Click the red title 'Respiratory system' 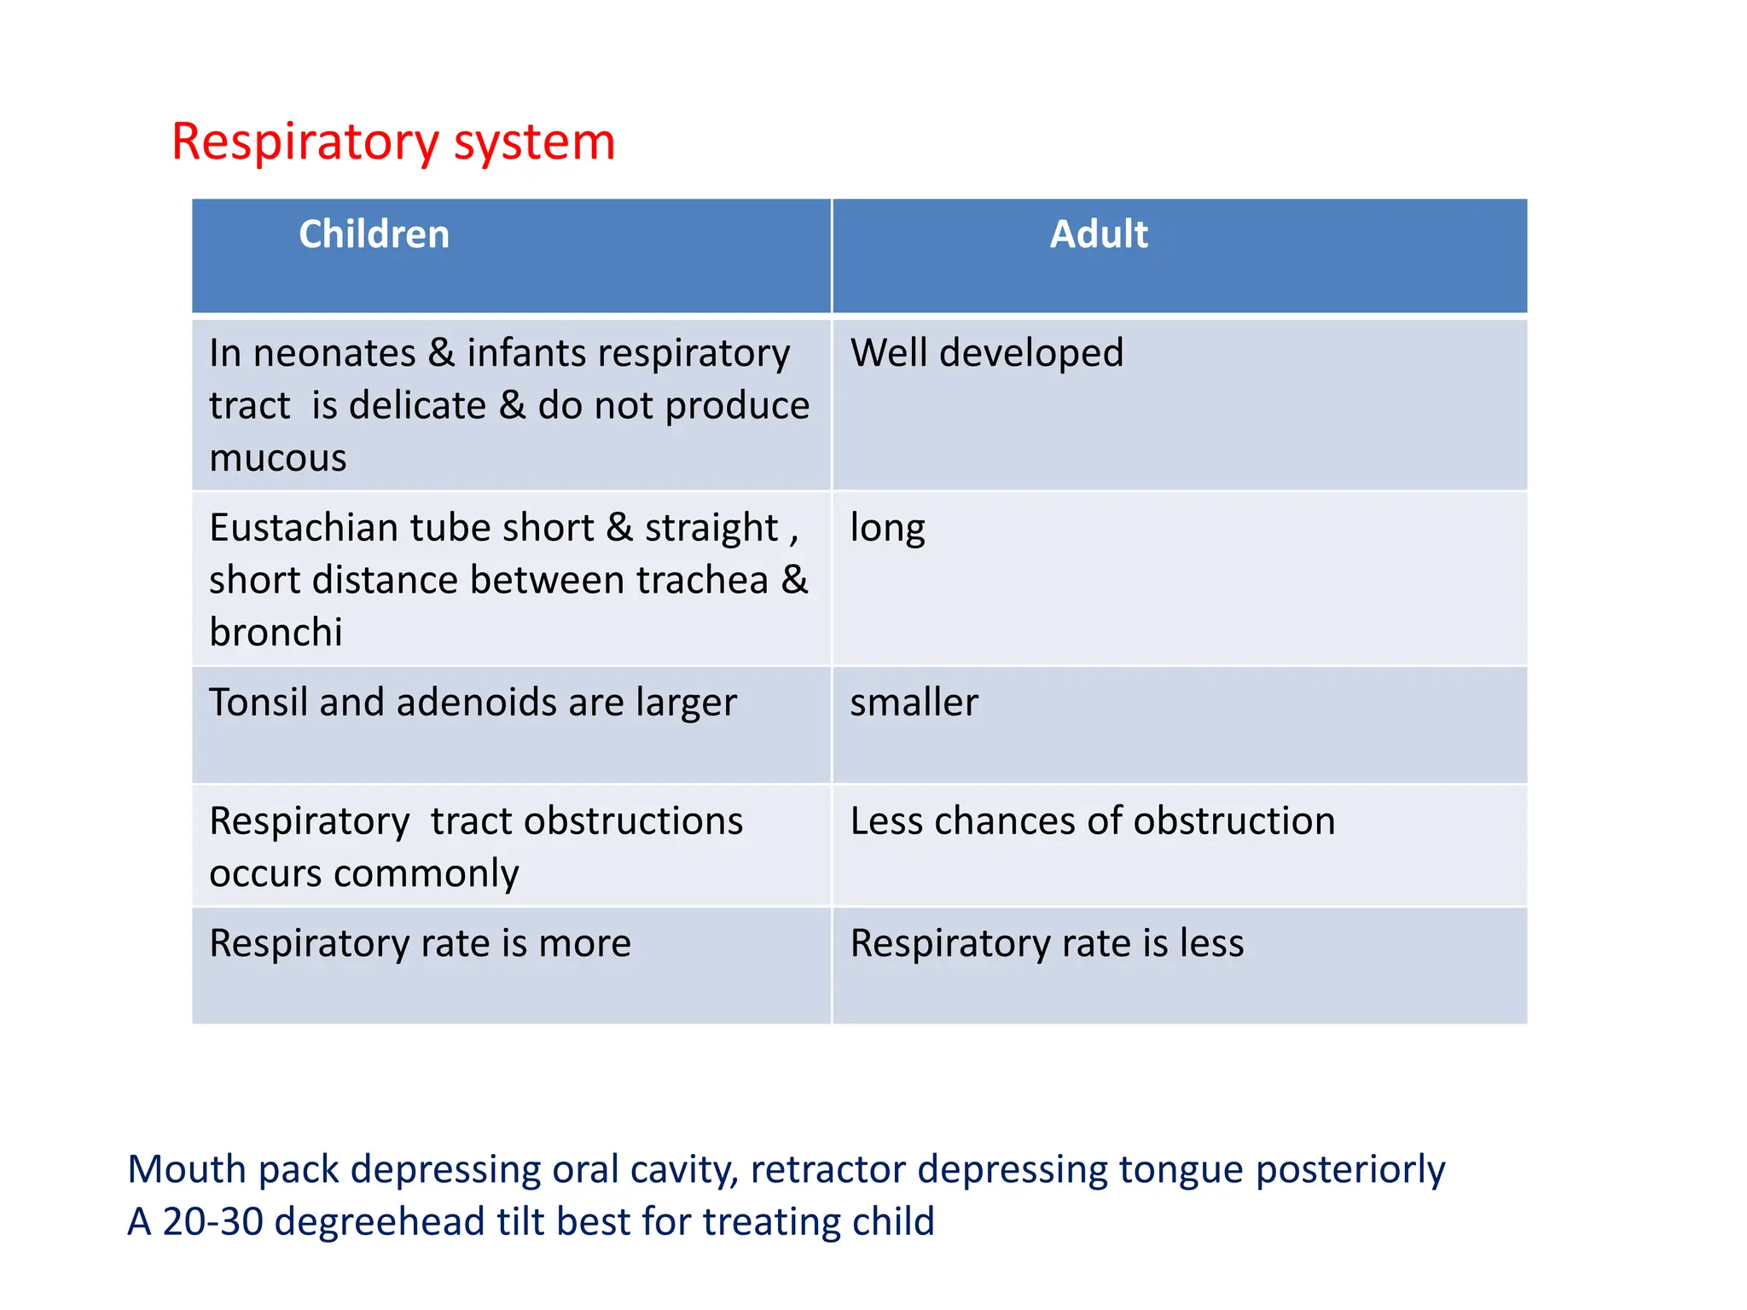tap(392, 142)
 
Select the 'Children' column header tap(374, 234)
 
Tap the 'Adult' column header tap(1098, 234)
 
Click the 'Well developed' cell tap(986, 353)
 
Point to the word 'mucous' tap(278, 459)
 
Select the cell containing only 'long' tap(887, 528)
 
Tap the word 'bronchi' tap(276, 633)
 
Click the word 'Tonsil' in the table tap(258, 703)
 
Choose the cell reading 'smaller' tap(914, 703)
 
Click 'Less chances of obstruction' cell tap(1092, 821)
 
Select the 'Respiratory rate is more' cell tap(420, 943)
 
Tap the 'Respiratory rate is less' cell tap(1047, 943)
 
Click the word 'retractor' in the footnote tap(827, 1169)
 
